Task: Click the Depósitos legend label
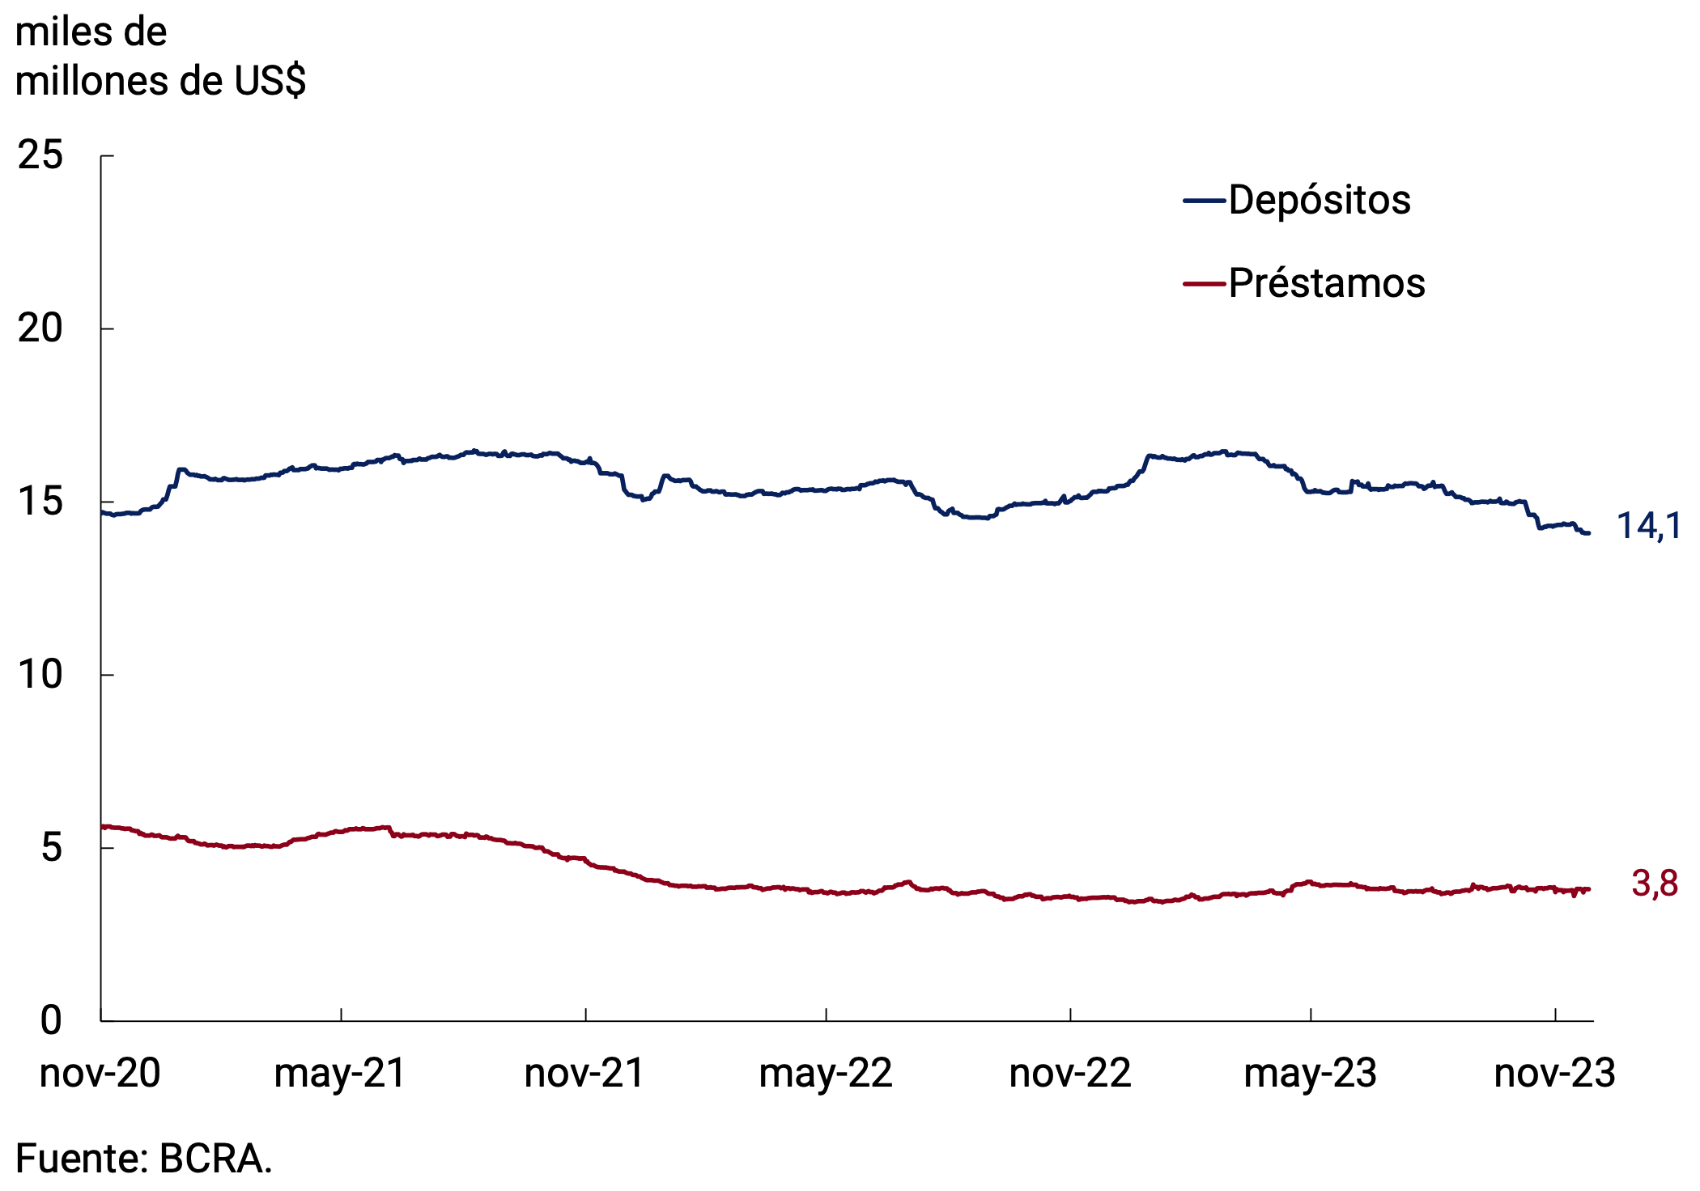(1319, 200)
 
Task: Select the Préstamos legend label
(1326, 283)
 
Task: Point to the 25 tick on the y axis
(40, 155)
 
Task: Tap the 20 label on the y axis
(40, 328)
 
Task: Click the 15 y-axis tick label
(40, 502)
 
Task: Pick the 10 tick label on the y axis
(40, 675)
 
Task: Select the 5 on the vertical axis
(51, 848)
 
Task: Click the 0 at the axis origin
(51, 1020)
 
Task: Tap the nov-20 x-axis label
(100, 1074)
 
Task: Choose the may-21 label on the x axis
(340, 1074)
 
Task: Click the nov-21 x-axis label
(584, 1074)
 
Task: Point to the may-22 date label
(826, 1074)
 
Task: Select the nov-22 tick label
(1070, 1074)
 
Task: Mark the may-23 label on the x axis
(1311, 1074)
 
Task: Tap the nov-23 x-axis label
(1555, 1074)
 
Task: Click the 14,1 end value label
(1648, 527)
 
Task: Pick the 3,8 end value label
(1655, 884)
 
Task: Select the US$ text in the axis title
(270, 81)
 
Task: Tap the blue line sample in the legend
(1205, 201)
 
